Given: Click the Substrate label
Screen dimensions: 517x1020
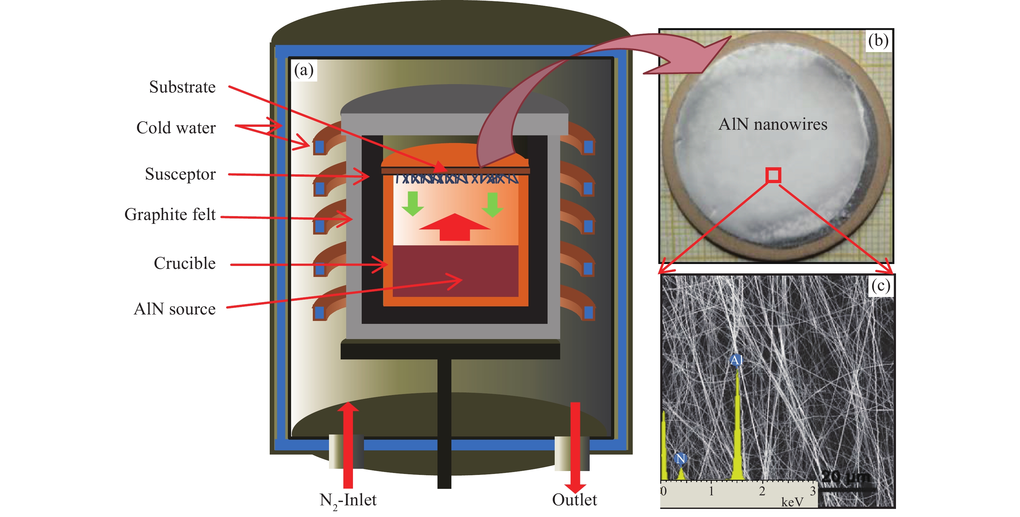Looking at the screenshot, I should coord(182,87).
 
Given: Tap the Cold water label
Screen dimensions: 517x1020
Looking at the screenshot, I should coord(176,128).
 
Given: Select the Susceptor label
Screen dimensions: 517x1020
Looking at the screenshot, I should coord(180,174).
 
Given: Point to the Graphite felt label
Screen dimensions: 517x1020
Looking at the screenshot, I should coord(170,214).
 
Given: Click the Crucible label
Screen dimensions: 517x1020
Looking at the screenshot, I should coord(185,263).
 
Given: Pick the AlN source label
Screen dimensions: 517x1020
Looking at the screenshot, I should coord(175,309).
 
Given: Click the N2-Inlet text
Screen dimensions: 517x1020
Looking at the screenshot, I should coord(348,500).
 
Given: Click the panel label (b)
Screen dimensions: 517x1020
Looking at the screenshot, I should coord(878,40).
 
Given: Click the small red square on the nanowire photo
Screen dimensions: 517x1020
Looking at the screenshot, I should coord(773,175).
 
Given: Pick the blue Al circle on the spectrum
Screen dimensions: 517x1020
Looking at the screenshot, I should coord(736,360).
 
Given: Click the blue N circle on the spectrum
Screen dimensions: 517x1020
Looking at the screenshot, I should coord(680,459).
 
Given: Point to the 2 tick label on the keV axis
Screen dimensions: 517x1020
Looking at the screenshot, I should coord(762,492).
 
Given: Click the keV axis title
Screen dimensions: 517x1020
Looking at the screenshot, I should coord(792,502).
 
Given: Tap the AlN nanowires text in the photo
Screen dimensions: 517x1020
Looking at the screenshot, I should coord(773,125).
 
